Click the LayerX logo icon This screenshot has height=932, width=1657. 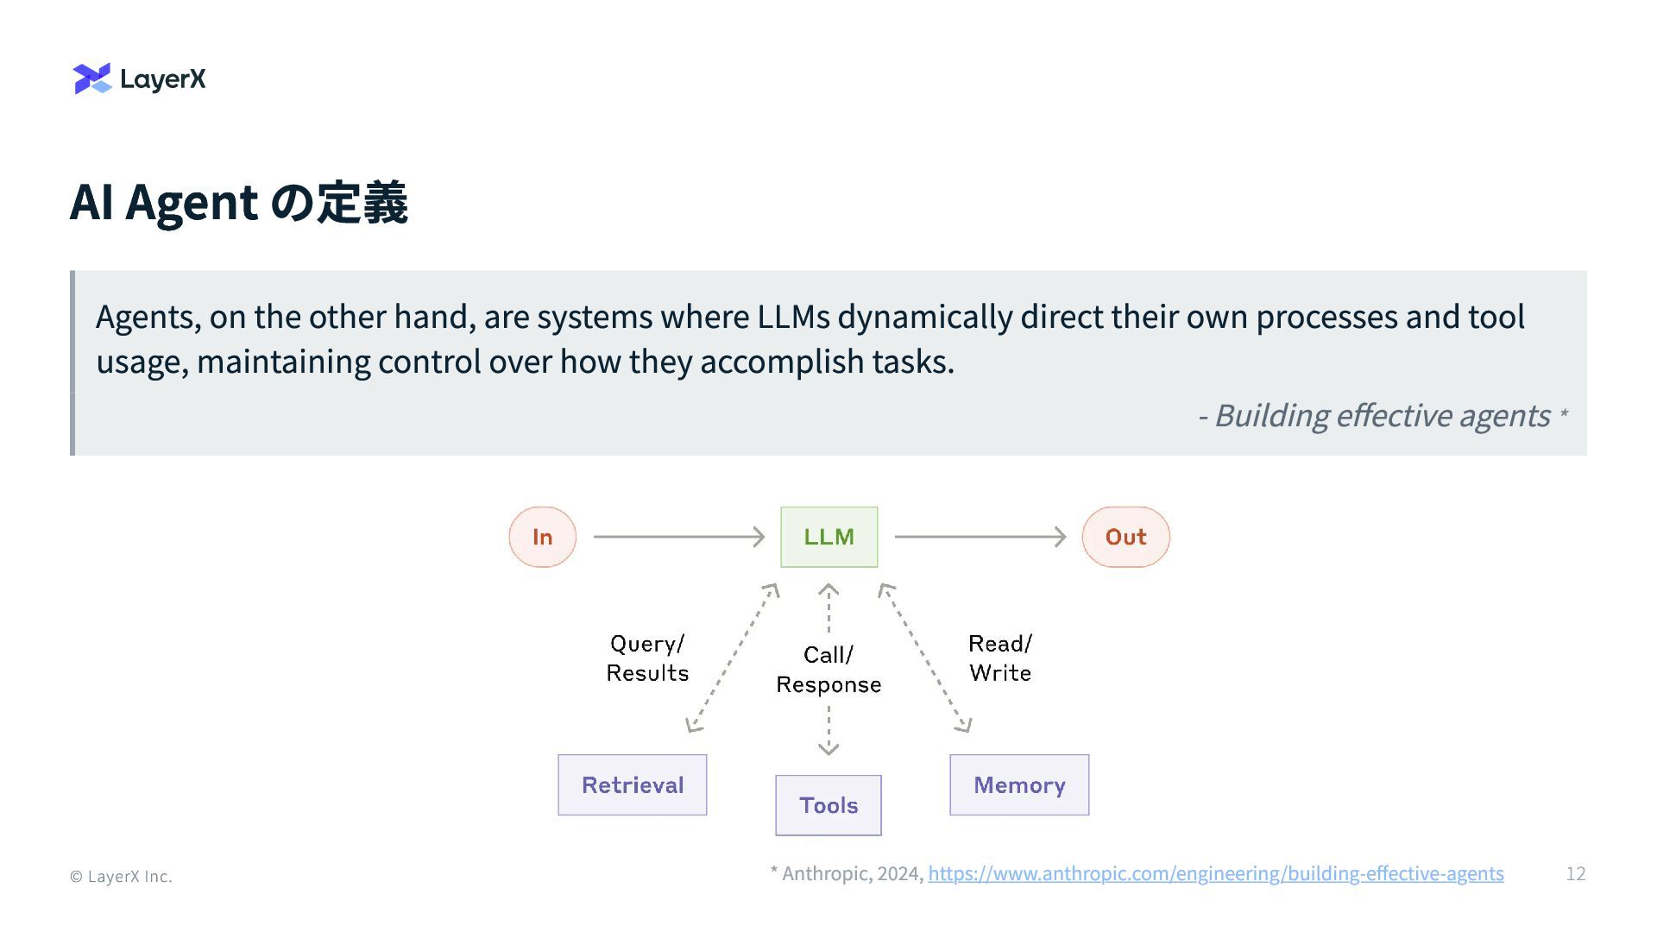[92, 79]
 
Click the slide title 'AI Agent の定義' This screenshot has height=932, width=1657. [238, 203]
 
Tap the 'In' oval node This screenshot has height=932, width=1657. [542, 537]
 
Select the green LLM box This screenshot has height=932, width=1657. [828, 537]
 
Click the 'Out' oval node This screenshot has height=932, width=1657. [1125, 537]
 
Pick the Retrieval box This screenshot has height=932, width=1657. [632, 784]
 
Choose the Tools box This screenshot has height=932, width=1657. [828, 805]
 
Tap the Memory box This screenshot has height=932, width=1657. [1019, 784]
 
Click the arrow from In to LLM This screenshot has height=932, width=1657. [678, 537]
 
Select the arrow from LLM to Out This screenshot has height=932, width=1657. [980, 537]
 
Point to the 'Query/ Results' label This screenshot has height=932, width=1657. [647, 658]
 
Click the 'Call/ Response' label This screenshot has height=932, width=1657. [828, 670]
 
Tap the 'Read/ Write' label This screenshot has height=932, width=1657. [1000, 658]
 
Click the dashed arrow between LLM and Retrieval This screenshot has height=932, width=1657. [733, 658]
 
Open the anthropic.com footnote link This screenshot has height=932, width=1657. [1215, 874]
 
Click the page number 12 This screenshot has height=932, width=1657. [1575, 874]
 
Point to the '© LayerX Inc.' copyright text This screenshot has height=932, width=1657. [121, 877]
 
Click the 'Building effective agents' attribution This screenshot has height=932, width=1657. [1382, 416]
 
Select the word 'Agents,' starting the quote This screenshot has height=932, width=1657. [148, 318]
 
